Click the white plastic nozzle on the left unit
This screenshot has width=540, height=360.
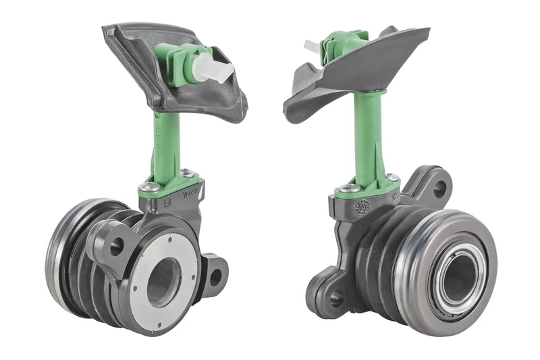[x=212, y=68]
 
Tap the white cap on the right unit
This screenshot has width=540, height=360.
[x=311, y=46]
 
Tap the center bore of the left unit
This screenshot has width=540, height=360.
[x=163, y=281]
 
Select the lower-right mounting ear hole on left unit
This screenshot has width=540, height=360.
[x=215, y=276]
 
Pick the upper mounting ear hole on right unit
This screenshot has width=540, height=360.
[x=439, y=188]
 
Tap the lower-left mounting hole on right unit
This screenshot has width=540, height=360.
[x=335, y=297]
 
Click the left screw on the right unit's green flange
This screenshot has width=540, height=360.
[x=348, y=189]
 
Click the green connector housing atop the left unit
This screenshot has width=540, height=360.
[x=177, y=62]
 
